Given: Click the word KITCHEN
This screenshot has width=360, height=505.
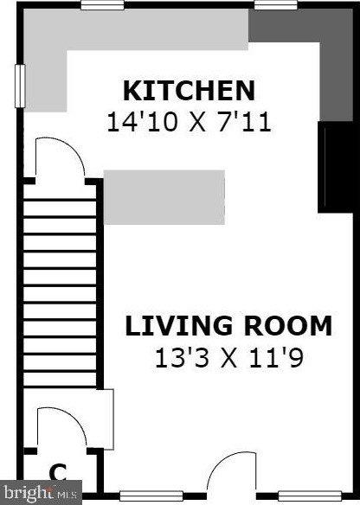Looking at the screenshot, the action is point(189,91).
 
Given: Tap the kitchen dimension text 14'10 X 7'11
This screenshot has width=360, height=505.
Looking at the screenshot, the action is point(189,123).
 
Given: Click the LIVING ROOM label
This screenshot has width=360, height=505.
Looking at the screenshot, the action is point(228,326).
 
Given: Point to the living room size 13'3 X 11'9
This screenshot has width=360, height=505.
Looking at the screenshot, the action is point(229,358).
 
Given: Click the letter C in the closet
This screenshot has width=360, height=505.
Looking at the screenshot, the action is point(58,472).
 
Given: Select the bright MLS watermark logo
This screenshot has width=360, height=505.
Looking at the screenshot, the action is point(41,493).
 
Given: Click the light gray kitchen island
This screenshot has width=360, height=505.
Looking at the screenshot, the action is point(164,197).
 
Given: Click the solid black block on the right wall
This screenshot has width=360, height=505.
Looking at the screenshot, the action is point(336,167).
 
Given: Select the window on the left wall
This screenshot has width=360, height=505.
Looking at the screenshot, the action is point(20,86).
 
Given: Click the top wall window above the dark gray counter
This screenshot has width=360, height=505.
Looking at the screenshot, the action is point(275,5).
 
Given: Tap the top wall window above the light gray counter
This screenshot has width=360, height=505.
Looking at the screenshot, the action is point(102,5).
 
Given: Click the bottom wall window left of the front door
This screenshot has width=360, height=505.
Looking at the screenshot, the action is point(151,495).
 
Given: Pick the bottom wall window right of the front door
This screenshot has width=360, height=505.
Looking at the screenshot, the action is point(310,495).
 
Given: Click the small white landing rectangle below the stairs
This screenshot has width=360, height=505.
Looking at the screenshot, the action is point(105,419).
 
